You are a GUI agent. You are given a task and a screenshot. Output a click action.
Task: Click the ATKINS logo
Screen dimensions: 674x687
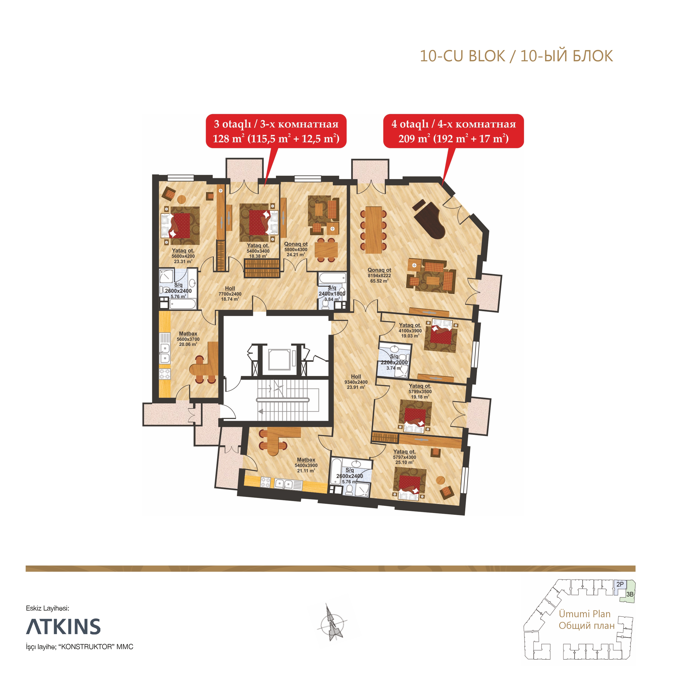[63, 627]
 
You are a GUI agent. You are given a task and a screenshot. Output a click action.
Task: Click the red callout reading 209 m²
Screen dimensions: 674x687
[453, 131]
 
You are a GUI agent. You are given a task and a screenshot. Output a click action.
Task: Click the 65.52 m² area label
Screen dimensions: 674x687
[379, 281]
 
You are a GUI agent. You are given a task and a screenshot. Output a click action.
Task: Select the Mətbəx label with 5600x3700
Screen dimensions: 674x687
[188, 339]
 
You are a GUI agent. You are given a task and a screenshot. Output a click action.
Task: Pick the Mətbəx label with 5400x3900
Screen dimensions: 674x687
[306, 465]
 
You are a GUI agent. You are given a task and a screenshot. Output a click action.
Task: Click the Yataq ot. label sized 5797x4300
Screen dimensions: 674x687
[404, 457]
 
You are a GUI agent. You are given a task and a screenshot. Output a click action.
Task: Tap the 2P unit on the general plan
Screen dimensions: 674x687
[620, 584]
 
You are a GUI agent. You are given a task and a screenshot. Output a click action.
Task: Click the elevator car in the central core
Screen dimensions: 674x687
[279, 359]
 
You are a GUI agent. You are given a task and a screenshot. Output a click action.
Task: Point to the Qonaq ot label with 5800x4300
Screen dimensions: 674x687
[296, 249]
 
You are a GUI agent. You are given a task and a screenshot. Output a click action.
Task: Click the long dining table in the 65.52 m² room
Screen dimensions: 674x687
[374, 230]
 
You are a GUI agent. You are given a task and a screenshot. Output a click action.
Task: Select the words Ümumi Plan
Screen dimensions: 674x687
[584, 614]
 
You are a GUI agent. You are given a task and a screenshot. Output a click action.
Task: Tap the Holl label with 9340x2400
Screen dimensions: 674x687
[356, 382]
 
